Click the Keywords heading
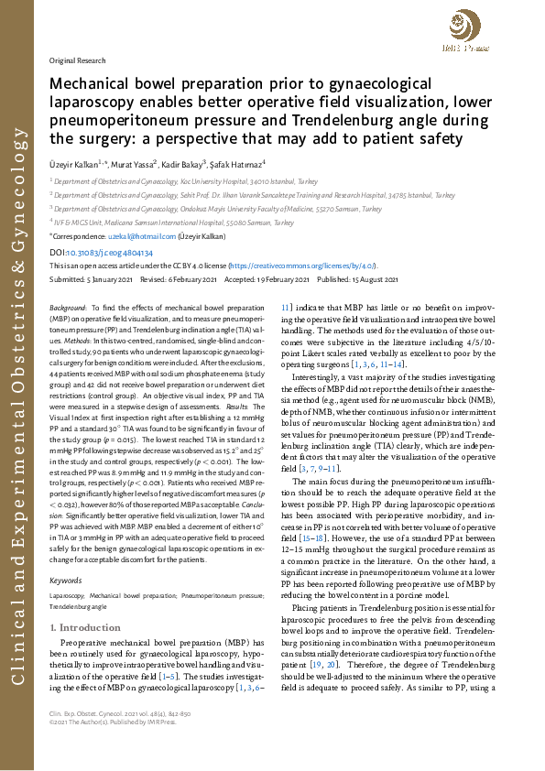64,554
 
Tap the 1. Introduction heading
83,602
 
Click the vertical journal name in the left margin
18,385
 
